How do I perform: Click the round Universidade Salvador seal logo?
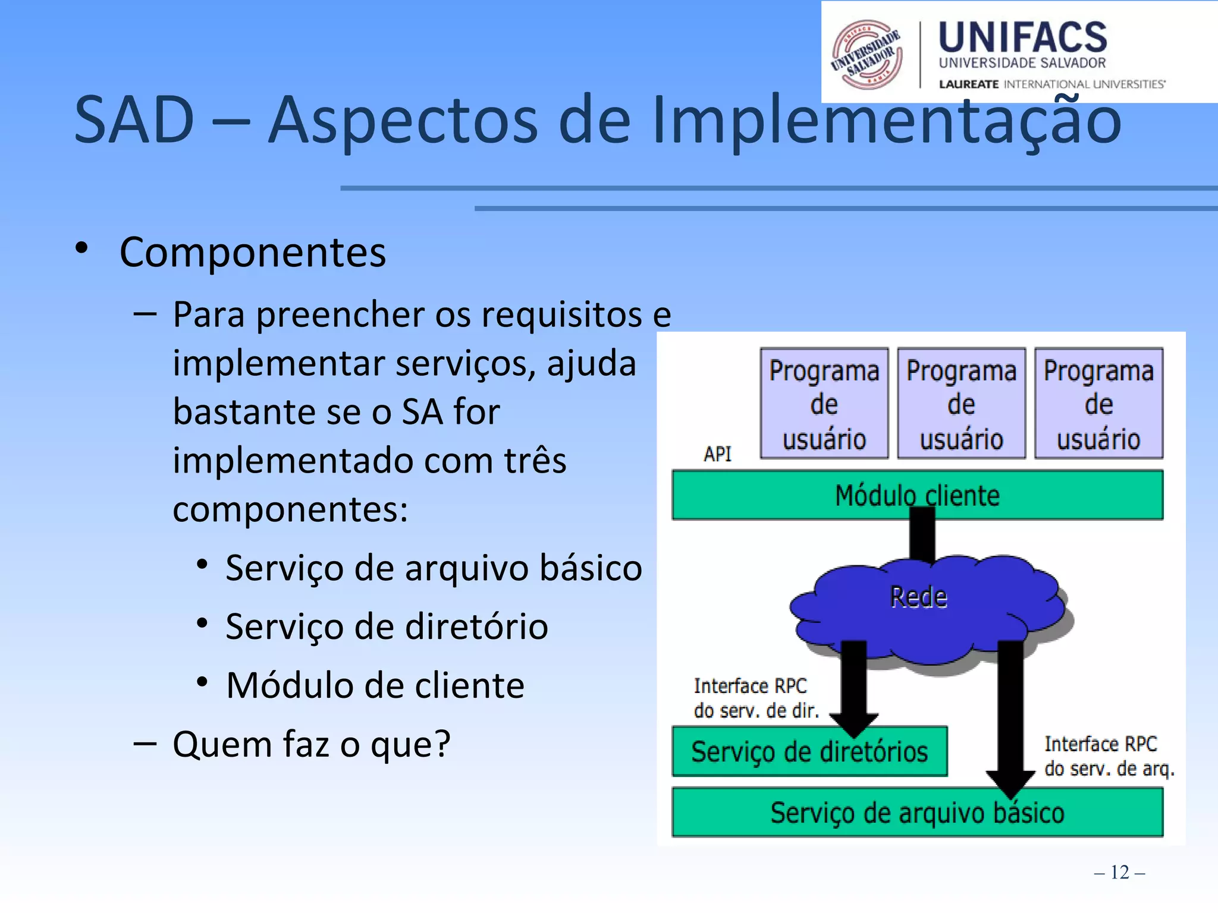coord(867,54)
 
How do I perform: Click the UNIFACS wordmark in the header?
coord(1022,37)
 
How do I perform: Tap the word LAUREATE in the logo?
coord(968,84)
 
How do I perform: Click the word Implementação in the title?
coord(886,121)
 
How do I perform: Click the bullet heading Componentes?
coord(253,253)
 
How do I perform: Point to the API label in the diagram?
coord(717,454)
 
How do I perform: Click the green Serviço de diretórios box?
coord(809,752)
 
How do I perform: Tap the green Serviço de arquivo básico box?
coord(917,813)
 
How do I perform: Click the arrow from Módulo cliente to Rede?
coord(922,538)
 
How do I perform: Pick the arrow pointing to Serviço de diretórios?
coord(854,690)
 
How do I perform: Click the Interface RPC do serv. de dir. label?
coord(755,698)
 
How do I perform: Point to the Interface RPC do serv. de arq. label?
coord(1109,757)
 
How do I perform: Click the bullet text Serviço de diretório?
coord(387,626)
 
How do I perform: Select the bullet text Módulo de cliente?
coord(375,685)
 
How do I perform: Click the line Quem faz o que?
coord(311,744)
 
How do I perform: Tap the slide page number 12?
coord(1119,872)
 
